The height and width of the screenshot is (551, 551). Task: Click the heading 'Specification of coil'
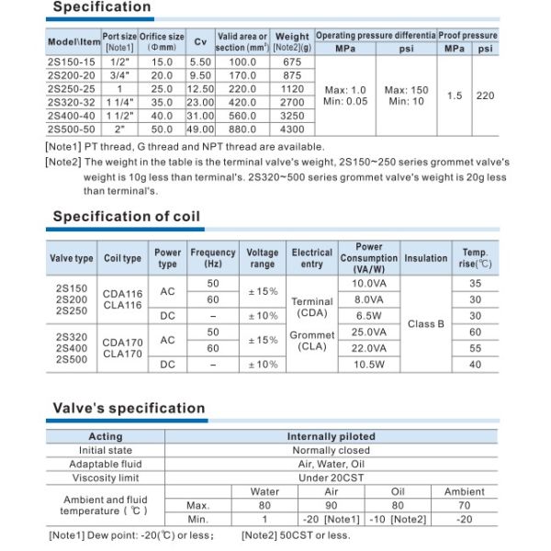click(126, 217)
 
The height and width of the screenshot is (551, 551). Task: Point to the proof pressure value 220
click(486, 96)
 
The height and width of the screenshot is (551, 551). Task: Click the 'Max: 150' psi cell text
click(406, 90)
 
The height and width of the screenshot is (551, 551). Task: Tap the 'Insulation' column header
click(426, 259)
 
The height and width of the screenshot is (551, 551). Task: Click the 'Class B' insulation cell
click(426, 323)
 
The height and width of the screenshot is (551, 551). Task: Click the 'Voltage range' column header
click(262, 259)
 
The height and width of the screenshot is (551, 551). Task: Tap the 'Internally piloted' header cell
click(331, 437)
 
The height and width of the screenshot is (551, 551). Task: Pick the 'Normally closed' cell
click(331, 451)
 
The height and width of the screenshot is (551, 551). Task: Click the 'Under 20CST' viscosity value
click(331, 478)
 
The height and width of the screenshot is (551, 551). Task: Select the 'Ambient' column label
click(464, 492)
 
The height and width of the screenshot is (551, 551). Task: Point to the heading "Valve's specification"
click(129, 409)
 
